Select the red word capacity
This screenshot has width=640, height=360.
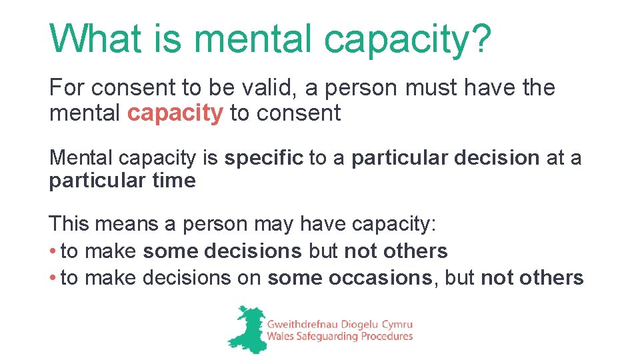[x=175, y=113]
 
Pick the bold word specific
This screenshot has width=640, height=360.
[x=263, y=158]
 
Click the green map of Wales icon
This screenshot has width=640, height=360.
[x=246, y=329]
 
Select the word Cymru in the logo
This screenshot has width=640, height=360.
[x=396, y=324]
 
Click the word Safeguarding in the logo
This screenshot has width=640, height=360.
[x=325, y=337]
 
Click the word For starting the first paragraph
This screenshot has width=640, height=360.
[x=68, y=87]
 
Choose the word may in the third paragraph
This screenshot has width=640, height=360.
[x=275, y=225]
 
